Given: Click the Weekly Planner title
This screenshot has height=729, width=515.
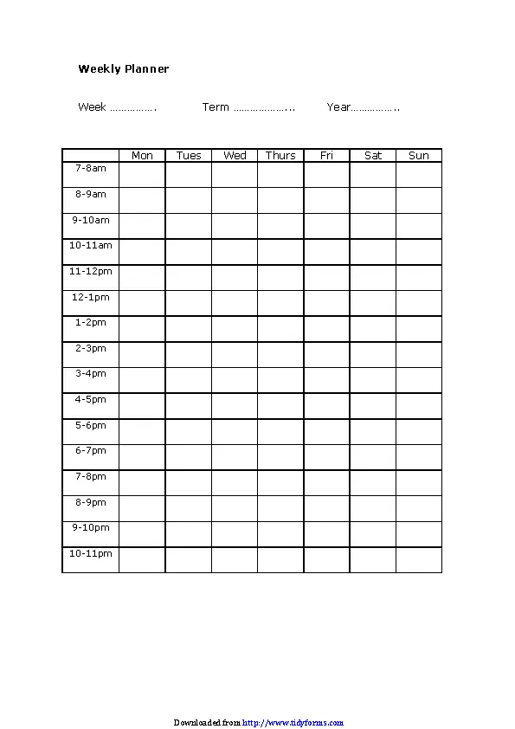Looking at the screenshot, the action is [123, 69].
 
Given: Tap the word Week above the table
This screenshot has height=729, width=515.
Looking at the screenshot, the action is [92, 107].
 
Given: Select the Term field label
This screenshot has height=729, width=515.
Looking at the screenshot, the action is [216, 107].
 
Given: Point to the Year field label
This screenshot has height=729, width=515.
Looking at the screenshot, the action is [338, 107].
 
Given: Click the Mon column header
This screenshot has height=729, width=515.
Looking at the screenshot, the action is [142, 156].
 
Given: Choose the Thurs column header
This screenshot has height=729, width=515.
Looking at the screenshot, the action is [280, 156].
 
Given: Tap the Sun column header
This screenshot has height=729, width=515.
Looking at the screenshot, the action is [419, 156].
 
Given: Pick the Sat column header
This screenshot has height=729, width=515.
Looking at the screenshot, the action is [373, 156].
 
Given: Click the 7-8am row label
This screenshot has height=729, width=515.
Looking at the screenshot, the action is [90, 168].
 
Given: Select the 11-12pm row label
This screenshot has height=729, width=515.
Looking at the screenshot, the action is [90, 271].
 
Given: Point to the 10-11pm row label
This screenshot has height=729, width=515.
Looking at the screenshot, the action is [90, 553].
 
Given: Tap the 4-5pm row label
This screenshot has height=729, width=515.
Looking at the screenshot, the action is [90, 399].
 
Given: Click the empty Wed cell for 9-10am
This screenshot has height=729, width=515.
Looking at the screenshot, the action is [235, 226].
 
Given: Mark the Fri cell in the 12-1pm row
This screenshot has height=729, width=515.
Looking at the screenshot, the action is [326, 303].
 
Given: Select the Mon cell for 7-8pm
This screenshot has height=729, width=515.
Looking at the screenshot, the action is [142, 482].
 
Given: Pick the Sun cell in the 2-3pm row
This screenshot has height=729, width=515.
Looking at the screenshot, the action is [419, 354].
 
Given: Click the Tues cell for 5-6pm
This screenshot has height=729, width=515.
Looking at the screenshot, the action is [189, 431].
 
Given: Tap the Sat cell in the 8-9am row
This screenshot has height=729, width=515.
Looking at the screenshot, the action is [373, 200].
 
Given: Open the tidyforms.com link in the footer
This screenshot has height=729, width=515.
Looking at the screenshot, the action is [293, 722].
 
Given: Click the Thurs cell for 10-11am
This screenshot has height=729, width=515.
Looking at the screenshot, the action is [280, 252].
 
